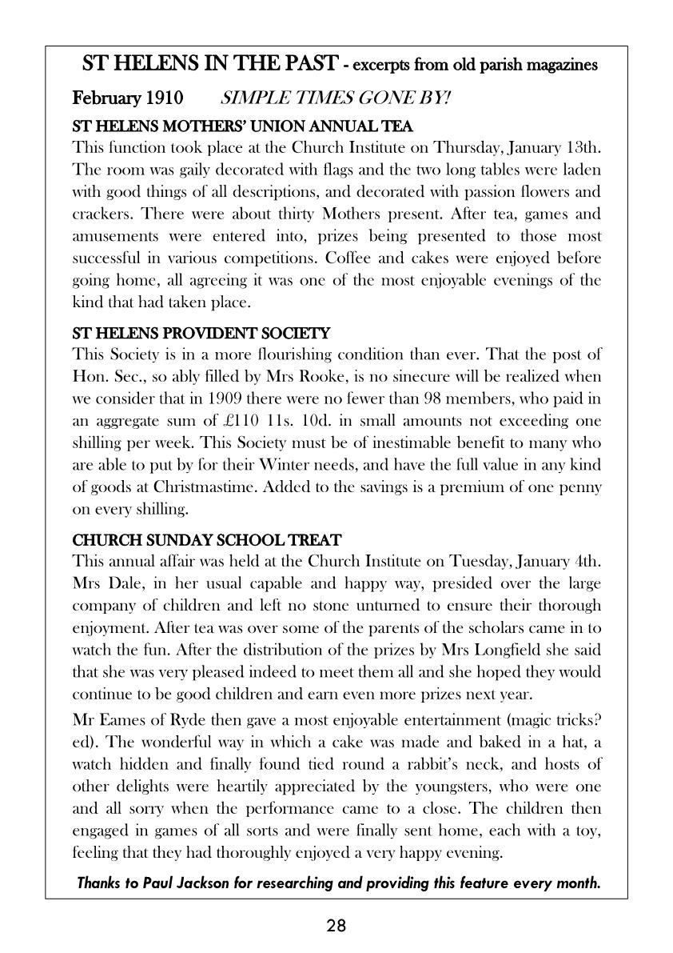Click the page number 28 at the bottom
(x=336, y=927)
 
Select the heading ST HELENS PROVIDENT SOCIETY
(x=201, y=332)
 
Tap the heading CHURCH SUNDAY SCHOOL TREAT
(x=207, y=540)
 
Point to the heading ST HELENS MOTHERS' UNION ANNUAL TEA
(x=242, y=126)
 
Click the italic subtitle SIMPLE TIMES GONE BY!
(x=335, y=98)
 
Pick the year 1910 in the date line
(x=165, y=98)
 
